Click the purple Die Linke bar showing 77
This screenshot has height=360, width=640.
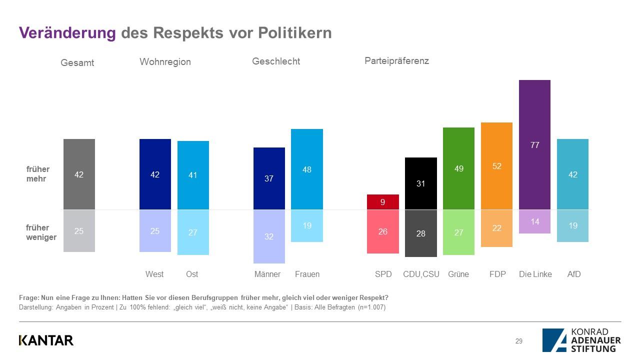coord(534,144)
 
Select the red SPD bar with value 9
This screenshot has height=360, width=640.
coord(382,202)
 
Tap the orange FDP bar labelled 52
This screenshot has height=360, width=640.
coord(496,166)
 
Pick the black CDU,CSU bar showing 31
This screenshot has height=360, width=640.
coord(420,183)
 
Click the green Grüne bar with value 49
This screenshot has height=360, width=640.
coord(458,168)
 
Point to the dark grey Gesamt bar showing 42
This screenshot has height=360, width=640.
coord(79,174)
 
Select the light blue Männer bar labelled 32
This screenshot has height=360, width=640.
coord(269,236)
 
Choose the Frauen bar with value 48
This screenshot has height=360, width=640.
coord(307,169)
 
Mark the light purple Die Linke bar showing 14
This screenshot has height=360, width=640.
coord(534,221)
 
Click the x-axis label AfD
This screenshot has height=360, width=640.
coord(574,274)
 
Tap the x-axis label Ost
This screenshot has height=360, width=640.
coord(192,274)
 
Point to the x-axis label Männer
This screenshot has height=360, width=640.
coord(267,274)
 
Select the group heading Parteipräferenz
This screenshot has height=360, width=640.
coord(396,61)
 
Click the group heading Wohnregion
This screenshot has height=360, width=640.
coord(165,62)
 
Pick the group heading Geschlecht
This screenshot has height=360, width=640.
coord(276,61)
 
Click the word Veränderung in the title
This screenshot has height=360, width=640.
coord(67,33)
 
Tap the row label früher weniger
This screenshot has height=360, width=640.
coord(41,232)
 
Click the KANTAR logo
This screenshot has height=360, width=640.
coord(46,340)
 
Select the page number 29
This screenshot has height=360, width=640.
coord(519,341)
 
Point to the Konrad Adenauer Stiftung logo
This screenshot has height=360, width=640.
coord(581,340)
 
